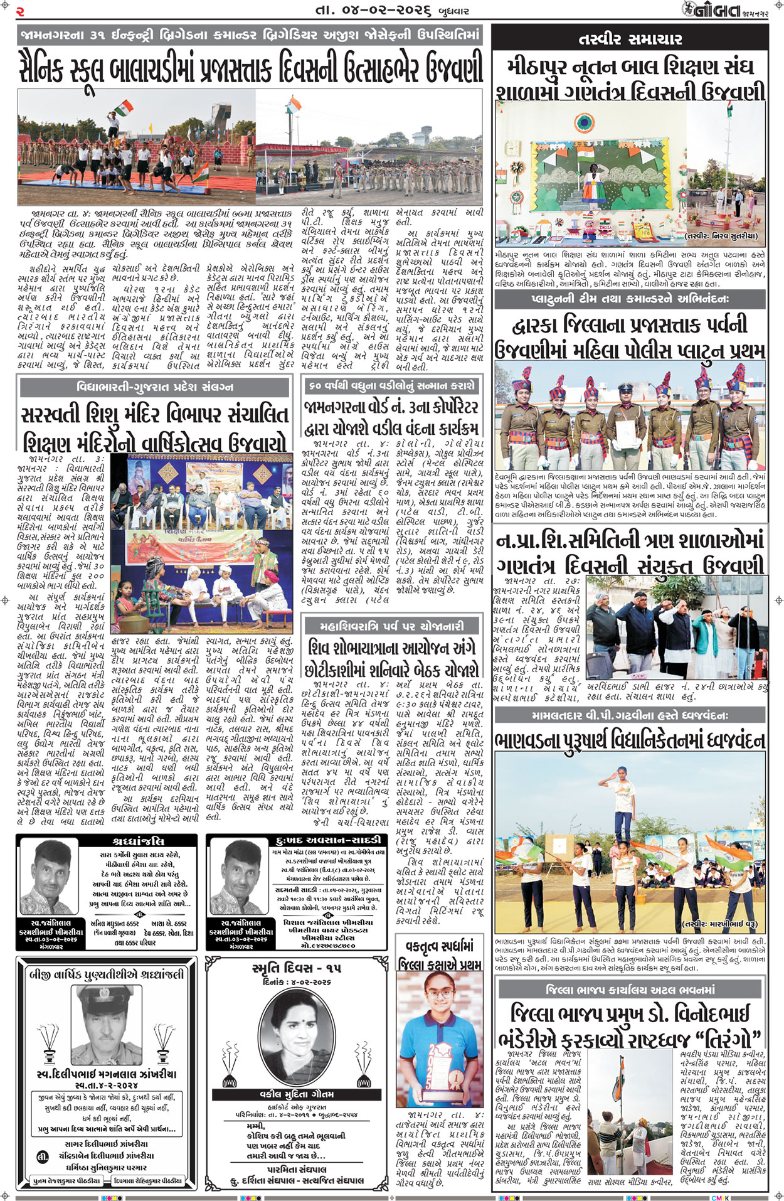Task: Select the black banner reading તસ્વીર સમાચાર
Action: tap(630, 39)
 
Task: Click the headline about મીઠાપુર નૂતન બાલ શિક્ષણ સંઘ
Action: tap(630, 78)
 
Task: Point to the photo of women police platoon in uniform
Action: tap(630, 414)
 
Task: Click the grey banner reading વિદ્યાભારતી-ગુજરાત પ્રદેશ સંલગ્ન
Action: tap(155, 387)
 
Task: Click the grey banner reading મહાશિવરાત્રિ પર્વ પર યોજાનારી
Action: tap(392, 626)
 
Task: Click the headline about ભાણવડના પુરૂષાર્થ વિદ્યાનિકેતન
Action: tap(630, 740)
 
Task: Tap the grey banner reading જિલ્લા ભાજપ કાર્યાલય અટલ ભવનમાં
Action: tap(630, 990)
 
